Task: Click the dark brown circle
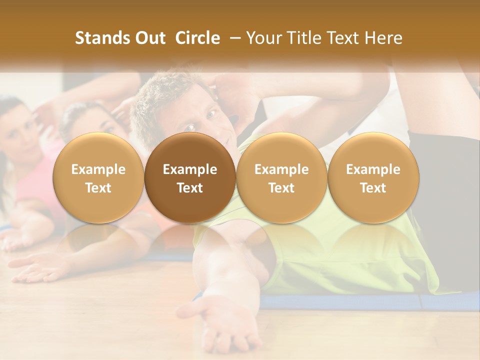point(190,178)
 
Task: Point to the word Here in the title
point(383,38)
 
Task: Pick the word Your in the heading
point(264,38)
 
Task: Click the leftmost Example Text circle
point(98,178)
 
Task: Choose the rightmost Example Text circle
point(373,178)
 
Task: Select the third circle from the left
point(281,178)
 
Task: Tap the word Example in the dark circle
point(190,169)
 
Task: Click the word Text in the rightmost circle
point(373,188)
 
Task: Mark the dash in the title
point(233,38)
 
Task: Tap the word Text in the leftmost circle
point(98,188)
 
